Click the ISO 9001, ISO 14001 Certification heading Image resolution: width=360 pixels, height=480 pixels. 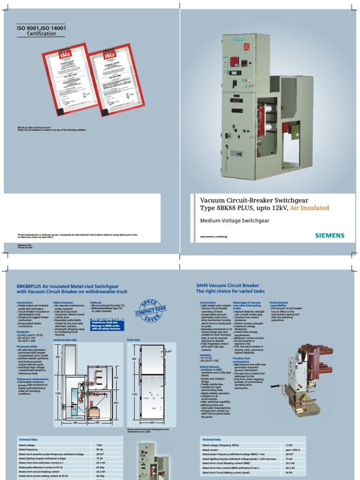coord(42,31)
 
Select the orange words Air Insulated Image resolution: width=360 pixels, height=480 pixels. coord(309,208)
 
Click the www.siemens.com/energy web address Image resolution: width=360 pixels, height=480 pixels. coord(213,237)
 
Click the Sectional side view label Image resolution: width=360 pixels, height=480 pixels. coord(65,339)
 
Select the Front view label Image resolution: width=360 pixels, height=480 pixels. coord(134,339)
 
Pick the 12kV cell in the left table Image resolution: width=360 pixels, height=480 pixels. coord(99,444)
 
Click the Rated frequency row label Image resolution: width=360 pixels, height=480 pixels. coord(29,449)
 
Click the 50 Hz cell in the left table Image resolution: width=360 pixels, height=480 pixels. coord(99,449)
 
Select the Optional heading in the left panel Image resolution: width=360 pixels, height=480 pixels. coord(96,303)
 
